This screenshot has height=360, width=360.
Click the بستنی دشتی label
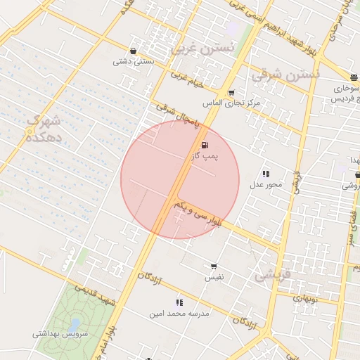tap(134, 62)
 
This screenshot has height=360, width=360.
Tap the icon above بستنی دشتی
tap(134, 51)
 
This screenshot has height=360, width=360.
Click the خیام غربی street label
tap(186, 82)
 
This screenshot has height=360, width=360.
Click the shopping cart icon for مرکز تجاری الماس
tap(231, 93)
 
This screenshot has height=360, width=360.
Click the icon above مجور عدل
tap(266, 174)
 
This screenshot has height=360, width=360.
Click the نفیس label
tap(214, 278)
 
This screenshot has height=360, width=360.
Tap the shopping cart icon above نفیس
tap(214, 266)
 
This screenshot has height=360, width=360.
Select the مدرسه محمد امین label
tap(180, 314)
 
